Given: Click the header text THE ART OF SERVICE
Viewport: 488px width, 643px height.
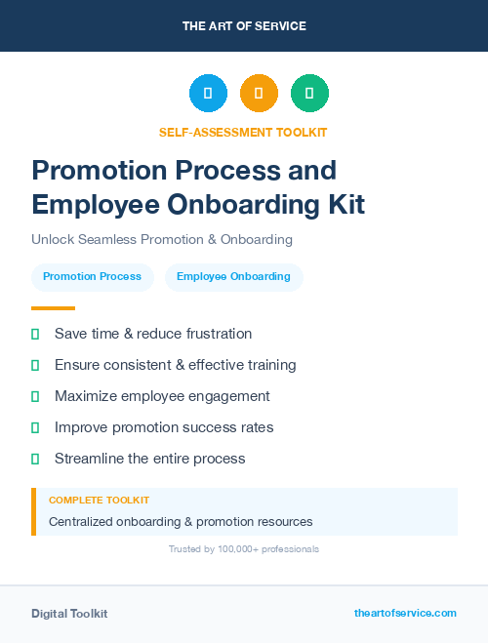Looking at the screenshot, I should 244,26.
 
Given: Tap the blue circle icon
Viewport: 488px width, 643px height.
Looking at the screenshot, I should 208,94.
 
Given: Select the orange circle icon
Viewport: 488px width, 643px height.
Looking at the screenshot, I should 259,94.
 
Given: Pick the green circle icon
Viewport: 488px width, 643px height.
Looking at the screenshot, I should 309,94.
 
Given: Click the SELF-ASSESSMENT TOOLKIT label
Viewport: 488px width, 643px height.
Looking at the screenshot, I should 243,132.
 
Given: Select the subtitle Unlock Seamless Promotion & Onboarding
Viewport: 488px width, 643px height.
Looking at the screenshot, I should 162,239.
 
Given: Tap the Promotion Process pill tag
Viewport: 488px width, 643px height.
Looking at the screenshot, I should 92,277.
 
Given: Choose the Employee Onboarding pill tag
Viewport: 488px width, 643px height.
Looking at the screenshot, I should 233,277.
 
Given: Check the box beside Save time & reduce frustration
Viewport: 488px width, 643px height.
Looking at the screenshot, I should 35,334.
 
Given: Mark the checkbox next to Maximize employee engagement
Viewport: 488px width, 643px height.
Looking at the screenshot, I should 35,396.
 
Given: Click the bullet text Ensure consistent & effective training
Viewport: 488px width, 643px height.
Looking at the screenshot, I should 175,365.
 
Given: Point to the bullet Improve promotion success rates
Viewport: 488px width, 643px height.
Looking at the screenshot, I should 164,427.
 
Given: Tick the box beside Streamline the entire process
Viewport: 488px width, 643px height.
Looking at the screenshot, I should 35,459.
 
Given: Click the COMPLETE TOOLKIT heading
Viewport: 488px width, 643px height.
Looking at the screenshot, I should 99,500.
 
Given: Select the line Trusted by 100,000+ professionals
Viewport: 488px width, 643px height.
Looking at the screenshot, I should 244,549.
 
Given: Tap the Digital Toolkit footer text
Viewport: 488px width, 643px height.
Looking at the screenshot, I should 69,614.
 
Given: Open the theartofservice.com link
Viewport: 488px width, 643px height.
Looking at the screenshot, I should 405,613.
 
